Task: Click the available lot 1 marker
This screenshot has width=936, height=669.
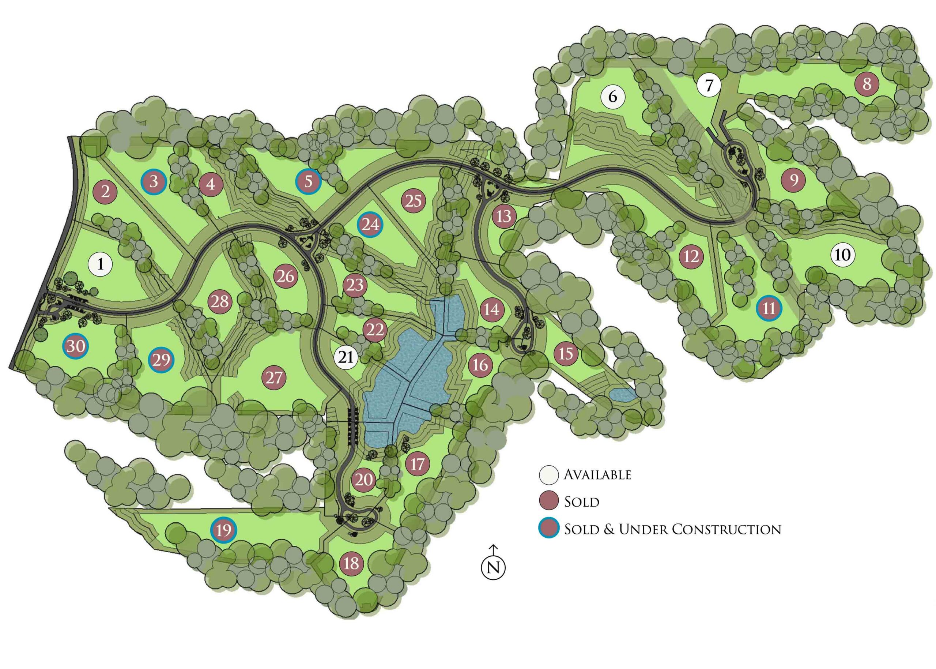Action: point(101,264)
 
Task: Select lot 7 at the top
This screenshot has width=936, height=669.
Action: point(709,86)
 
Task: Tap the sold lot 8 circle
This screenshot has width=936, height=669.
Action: point(867,84)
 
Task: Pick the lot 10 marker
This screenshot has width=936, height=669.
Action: point(842,255)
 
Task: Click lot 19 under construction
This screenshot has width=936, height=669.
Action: point(224,530)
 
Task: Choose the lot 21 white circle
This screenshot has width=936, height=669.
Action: point(346,357)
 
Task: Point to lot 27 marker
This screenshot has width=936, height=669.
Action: point(274,377)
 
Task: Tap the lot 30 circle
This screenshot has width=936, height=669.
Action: point(76,346)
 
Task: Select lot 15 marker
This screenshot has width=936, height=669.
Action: point(566,353)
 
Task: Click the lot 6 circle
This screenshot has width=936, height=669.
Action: point(613,97)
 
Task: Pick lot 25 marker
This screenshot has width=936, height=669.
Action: point(414,201)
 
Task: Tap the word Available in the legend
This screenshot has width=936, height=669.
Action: point(597,474)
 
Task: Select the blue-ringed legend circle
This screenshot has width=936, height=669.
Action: point(549,529)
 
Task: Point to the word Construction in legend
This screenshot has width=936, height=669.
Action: point(725,529)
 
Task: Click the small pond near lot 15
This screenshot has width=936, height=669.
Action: point(622,395)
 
